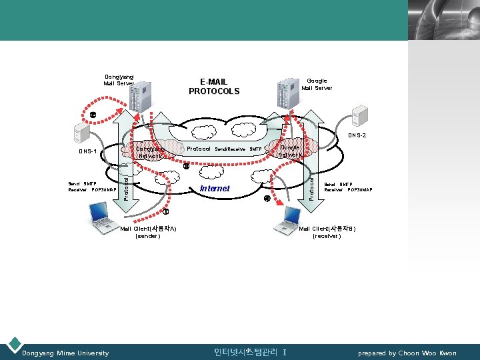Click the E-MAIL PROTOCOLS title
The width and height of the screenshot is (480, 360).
pyautogui.click(x=213, y=87)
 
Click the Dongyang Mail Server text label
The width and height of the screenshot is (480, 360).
pyautogui.click(x=119, y=80)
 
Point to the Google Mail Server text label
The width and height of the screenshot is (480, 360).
pyautogui.click(x=317, y=84)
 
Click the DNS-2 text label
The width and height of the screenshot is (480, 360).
pyautogui.click(x=357, y=135)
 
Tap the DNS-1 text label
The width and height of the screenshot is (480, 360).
pyautogui.click(x=87, y=151)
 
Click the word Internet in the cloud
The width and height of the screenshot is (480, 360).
pyautogui.click(x=215, y=189)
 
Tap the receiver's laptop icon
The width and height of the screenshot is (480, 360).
pyautogui.click(x=292, y=217)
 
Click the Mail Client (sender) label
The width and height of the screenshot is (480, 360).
pyautogui.click(x=147, y=232)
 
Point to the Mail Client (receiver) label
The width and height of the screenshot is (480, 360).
pyautogui.click(x=327, y=232)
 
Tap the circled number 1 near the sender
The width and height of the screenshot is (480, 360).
pyautogui.click(x=166, y=212)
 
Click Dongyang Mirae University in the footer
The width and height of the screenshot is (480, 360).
pyautogui.click(x=65, y=353)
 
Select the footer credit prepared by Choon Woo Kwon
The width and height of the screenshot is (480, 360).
pyautogui.click(x=407, y=353)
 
